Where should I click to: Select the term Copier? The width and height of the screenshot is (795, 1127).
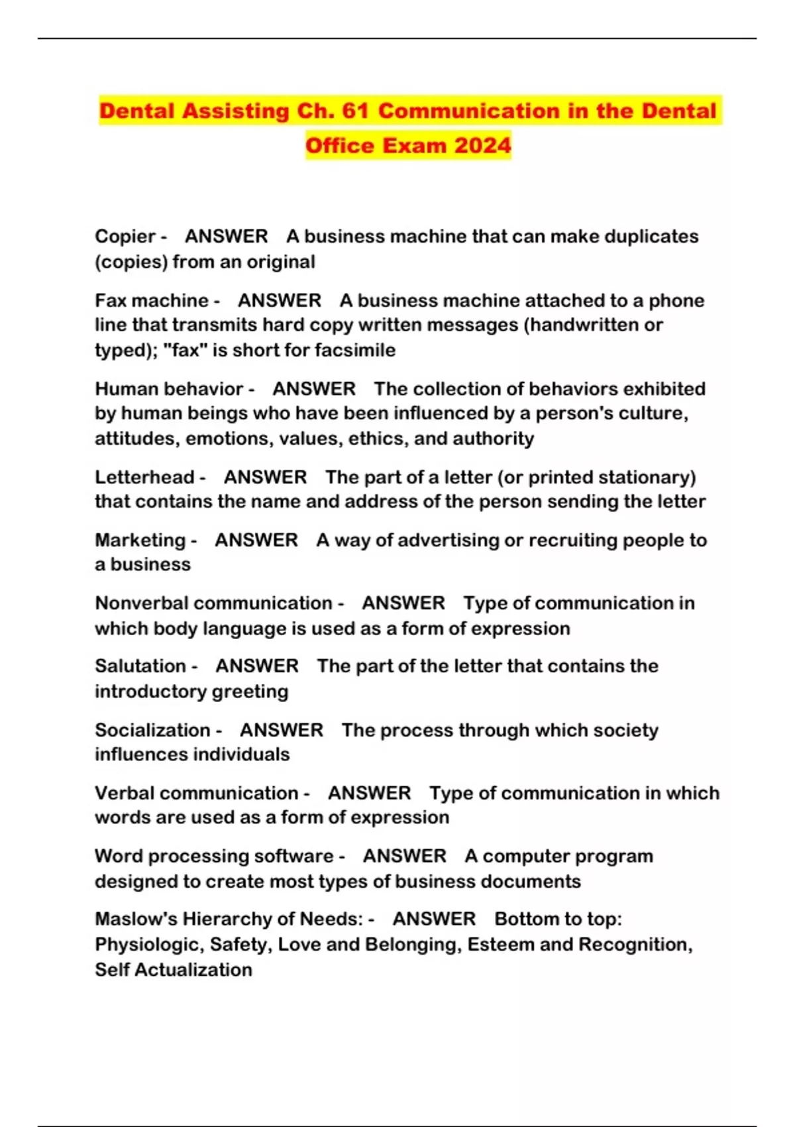125,237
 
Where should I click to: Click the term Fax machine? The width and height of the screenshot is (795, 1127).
152,301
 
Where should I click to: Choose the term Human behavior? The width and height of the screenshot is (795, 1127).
169,389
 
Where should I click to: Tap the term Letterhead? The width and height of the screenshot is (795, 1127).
144,477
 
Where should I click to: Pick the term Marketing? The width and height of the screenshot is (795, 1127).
140,540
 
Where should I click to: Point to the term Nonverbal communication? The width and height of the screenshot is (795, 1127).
213,603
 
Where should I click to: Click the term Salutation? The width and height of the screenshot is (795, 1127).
140,666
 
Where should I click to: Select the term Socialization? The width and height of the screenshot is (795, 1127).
152,731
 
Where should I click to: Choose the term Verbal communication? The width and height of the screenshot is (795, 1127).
196,794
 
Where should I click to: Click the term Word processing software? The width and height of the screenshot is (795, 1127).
214,857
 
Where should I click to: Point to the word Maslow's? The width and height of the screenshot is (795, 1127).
136,919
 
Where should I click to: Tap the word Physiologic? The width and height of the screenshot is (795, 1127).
149,945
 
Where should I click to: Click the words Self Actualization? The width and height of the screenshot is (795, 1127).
174,970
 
